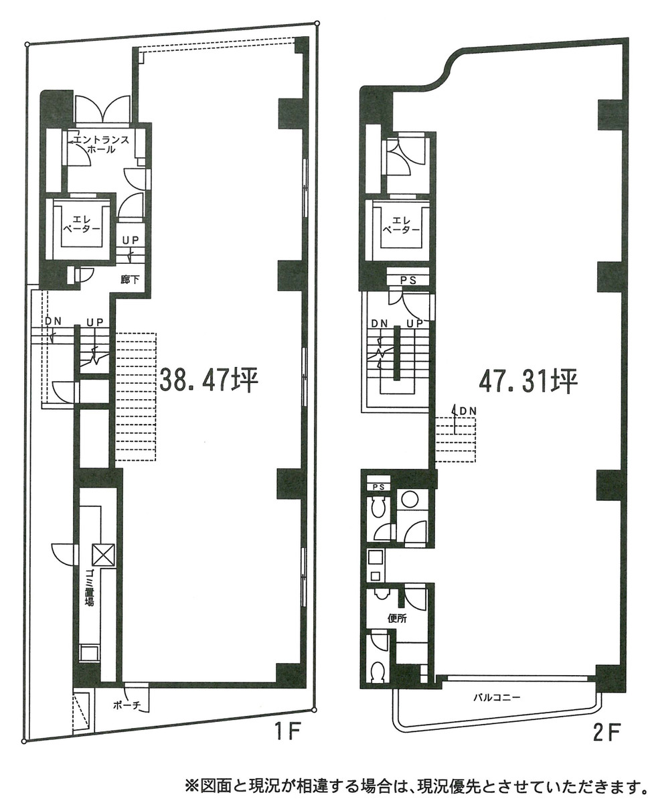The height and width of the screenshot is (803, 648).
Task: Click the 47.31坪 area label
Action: tap(528, 380)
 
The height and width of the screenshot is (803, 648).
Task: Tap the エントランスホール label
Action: tap(101, 145)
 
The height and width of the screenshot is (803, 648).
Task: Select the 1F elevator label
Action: tap(82, 225)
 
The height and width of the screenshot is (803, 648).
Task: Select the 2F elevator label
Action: tap(402, 225)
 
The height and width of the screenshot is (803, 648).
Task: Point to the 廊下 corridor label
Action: tap(130, 280)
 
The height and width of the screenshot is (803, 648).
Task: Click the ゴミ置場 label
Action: tap(89, 587)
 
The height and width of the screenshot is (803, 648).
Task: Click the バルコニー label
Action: tap(496, 697)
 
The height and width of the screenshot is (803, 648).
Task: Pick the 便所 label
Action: tap(397, 618)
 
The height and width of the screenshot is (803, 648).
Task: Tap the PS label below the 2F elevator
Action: tap(408, 280)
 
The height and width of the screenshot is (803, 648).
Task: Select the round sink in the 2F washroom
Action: tap(408, 500)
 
